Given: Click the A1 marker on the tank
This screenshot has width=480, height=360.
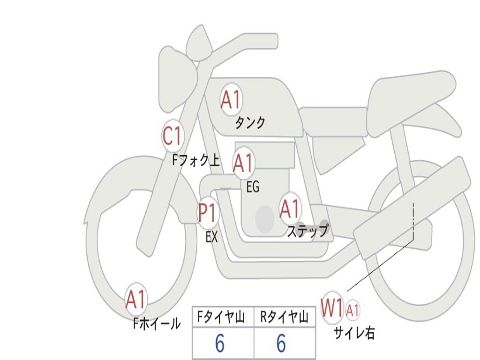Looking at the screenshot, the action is click(231, 100).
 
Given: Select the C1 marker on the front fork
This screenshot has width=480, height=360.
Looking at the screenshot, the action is click(172, 136).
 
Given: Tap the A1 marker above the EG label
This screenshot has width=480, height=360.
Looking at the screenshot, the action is click(243, 163).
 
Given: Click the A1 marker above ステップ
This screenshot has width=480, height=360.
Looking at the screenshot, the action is click(290, 209).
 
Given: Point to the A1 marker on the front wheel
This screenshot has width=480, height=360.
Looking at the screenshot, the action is click(136, 300).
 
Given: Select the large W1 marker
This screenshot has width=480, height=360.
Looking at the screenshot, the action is click(332, 308).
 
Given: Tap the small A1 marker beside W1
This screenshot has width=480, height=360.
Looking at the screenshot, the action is click(353, 310).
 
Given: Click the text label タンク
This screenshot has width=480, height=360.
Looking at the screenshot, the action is click(250, 123).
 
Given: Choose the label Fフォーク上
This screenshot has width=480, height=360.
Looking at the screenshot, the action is click(196, 161).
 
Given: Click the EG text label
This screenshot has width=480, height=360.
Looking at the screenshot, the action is click(253, 187).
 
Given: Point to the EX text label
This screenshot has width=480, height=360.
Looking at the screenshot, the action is click(212, 237).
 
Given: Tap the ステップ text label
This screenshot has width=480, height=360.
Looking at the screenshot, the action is click(307, 231).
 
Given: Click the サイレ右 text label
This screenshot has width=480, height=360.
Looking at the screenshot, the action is click(354, 333).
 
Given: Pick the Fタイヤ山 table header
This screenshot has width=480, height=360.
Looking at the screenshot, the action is click(222, 318).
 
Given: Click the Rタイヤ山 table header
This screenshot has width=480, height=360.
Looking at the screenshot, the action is click(284, 318).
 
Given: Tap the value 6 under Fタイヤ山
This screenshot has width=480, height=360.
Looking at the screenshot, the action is click(220, 344).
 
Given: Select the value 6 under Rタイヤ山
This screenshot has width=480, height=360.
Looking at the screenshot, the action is click(281, 344).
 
